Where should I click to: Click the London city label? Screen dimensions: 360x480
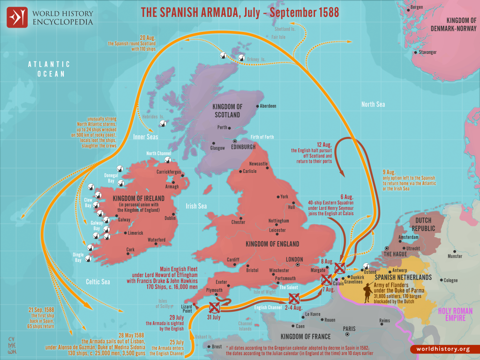point(294,259)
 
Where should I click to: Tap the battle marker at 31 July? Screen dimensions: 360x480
point(214,307)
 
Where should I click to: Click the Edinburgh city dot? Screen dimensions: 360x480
point(235,140)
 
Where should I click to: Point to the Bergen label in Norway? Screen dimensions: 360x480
point(416,7)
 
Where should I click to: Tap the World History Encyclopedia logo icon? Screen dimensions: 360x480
point(17,17)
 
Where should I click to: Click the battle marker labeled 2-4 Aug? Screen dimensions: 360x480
point(294,298)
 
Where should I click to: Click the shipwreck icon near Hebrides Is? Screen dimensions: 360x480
point(164,124)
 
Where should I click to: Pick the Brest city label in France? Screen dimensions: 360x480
point(217,347)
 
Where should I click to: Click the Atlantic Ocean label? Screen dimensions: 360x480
point(49,69)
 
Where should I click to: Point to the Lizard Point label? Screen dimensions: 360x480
point(187,307)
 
